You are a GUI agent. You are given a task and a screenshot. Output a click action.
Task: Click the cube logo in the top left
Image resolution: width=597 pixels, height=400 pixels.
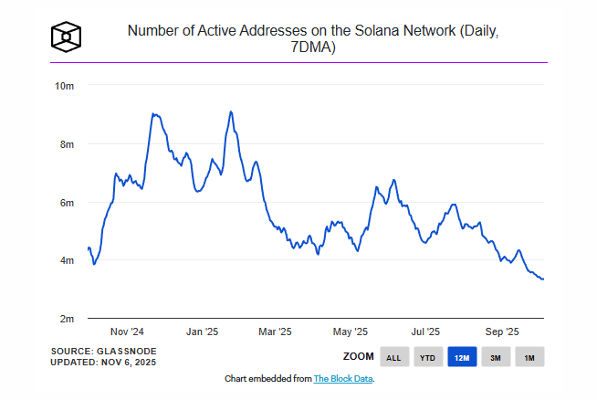pos(68,37)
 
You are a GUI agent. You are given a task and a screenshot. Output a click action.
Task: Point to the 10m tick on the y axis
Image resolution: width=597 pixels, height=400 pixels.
pos(64,86)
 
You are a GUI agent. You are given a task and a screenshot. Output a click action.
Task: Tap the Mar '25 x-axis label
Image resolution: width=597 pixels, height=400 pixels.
pos(275,332)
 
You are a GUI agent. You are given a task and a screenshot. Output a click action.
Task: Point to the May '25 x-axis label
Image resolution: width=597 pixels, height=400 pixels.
pos(350,332)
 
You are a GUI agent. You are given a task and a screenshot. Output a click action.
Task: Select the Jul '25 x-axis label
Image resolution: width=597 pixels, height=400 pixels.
pos(425,332)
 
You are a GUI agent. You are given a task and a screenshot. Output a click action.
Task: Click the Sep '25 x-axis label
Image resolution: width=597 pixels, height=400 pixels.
pos(500,332)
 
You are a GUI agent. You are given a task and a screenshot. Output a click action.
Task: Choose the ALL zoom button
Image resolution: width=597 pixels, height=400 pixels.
pos(393,357)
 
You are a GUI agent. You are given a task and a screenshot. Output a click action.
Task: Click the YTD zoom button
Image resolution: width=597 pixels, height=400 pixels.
pos(426,357)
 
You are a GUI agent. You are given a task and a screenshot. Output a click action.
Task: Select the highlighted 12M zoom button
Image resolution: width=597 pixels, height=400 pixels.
pos(461,357)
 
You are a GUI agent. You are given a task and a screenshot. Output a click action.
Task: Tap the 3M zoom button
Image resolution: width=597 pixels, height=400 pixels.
pos(495,357)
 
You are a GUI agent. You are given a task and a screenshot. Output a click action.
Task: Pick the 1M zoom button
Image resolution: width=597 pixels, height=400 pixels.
pos(529,357)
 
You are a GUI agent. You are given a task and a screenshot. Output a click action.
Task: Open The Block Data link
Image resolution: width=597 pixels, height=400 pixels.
pos(343,378)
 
